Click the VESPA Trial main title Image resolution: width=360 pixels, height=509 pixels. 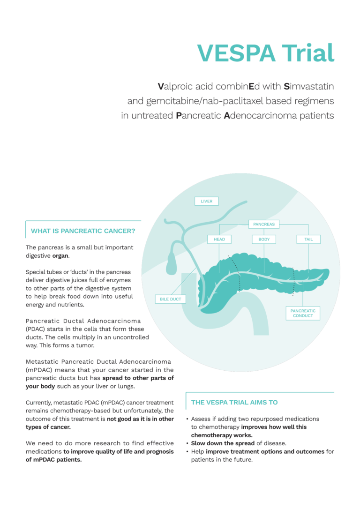(x=266, y=52)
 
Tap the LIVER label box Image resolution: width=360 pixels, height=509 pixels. (x=206, y=201)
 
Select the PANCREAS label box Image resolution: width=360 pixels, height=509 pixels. (x=263, y=224)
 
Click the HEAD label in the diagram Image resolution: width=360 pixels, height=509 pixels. (x=219, y=239)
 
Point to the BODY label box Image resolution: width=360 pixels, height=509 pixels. (x=264, y=239)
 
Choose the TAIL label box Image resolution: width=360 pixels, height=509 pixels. (x=308, y=239)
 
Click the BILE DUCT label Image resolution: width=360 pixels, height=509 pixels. (x=170, y=299)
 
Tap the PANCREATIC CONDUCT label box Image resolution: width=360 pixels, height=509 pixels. (x=303, y=313)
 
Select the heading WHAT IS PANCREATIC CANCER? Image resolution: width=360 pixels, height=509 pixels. (x=83, y=231)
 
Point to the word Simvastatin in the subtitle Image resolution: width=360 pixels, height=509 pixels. (x=308, y=86)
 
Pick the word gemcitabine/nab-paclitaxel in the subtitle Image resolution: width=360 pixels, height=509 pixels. (x=211, y=101)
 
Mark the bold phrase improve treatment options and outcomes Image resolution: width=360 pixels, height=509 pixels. (x=264, y=451)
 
